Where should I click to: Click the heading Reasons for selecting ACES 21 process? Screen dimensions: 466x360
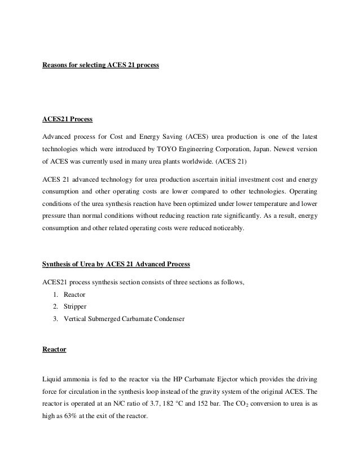101,66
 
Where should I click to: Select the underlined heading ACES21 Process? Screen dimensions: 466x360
67,120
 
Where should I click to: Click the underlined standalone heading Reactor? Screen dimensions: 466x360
54,350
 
